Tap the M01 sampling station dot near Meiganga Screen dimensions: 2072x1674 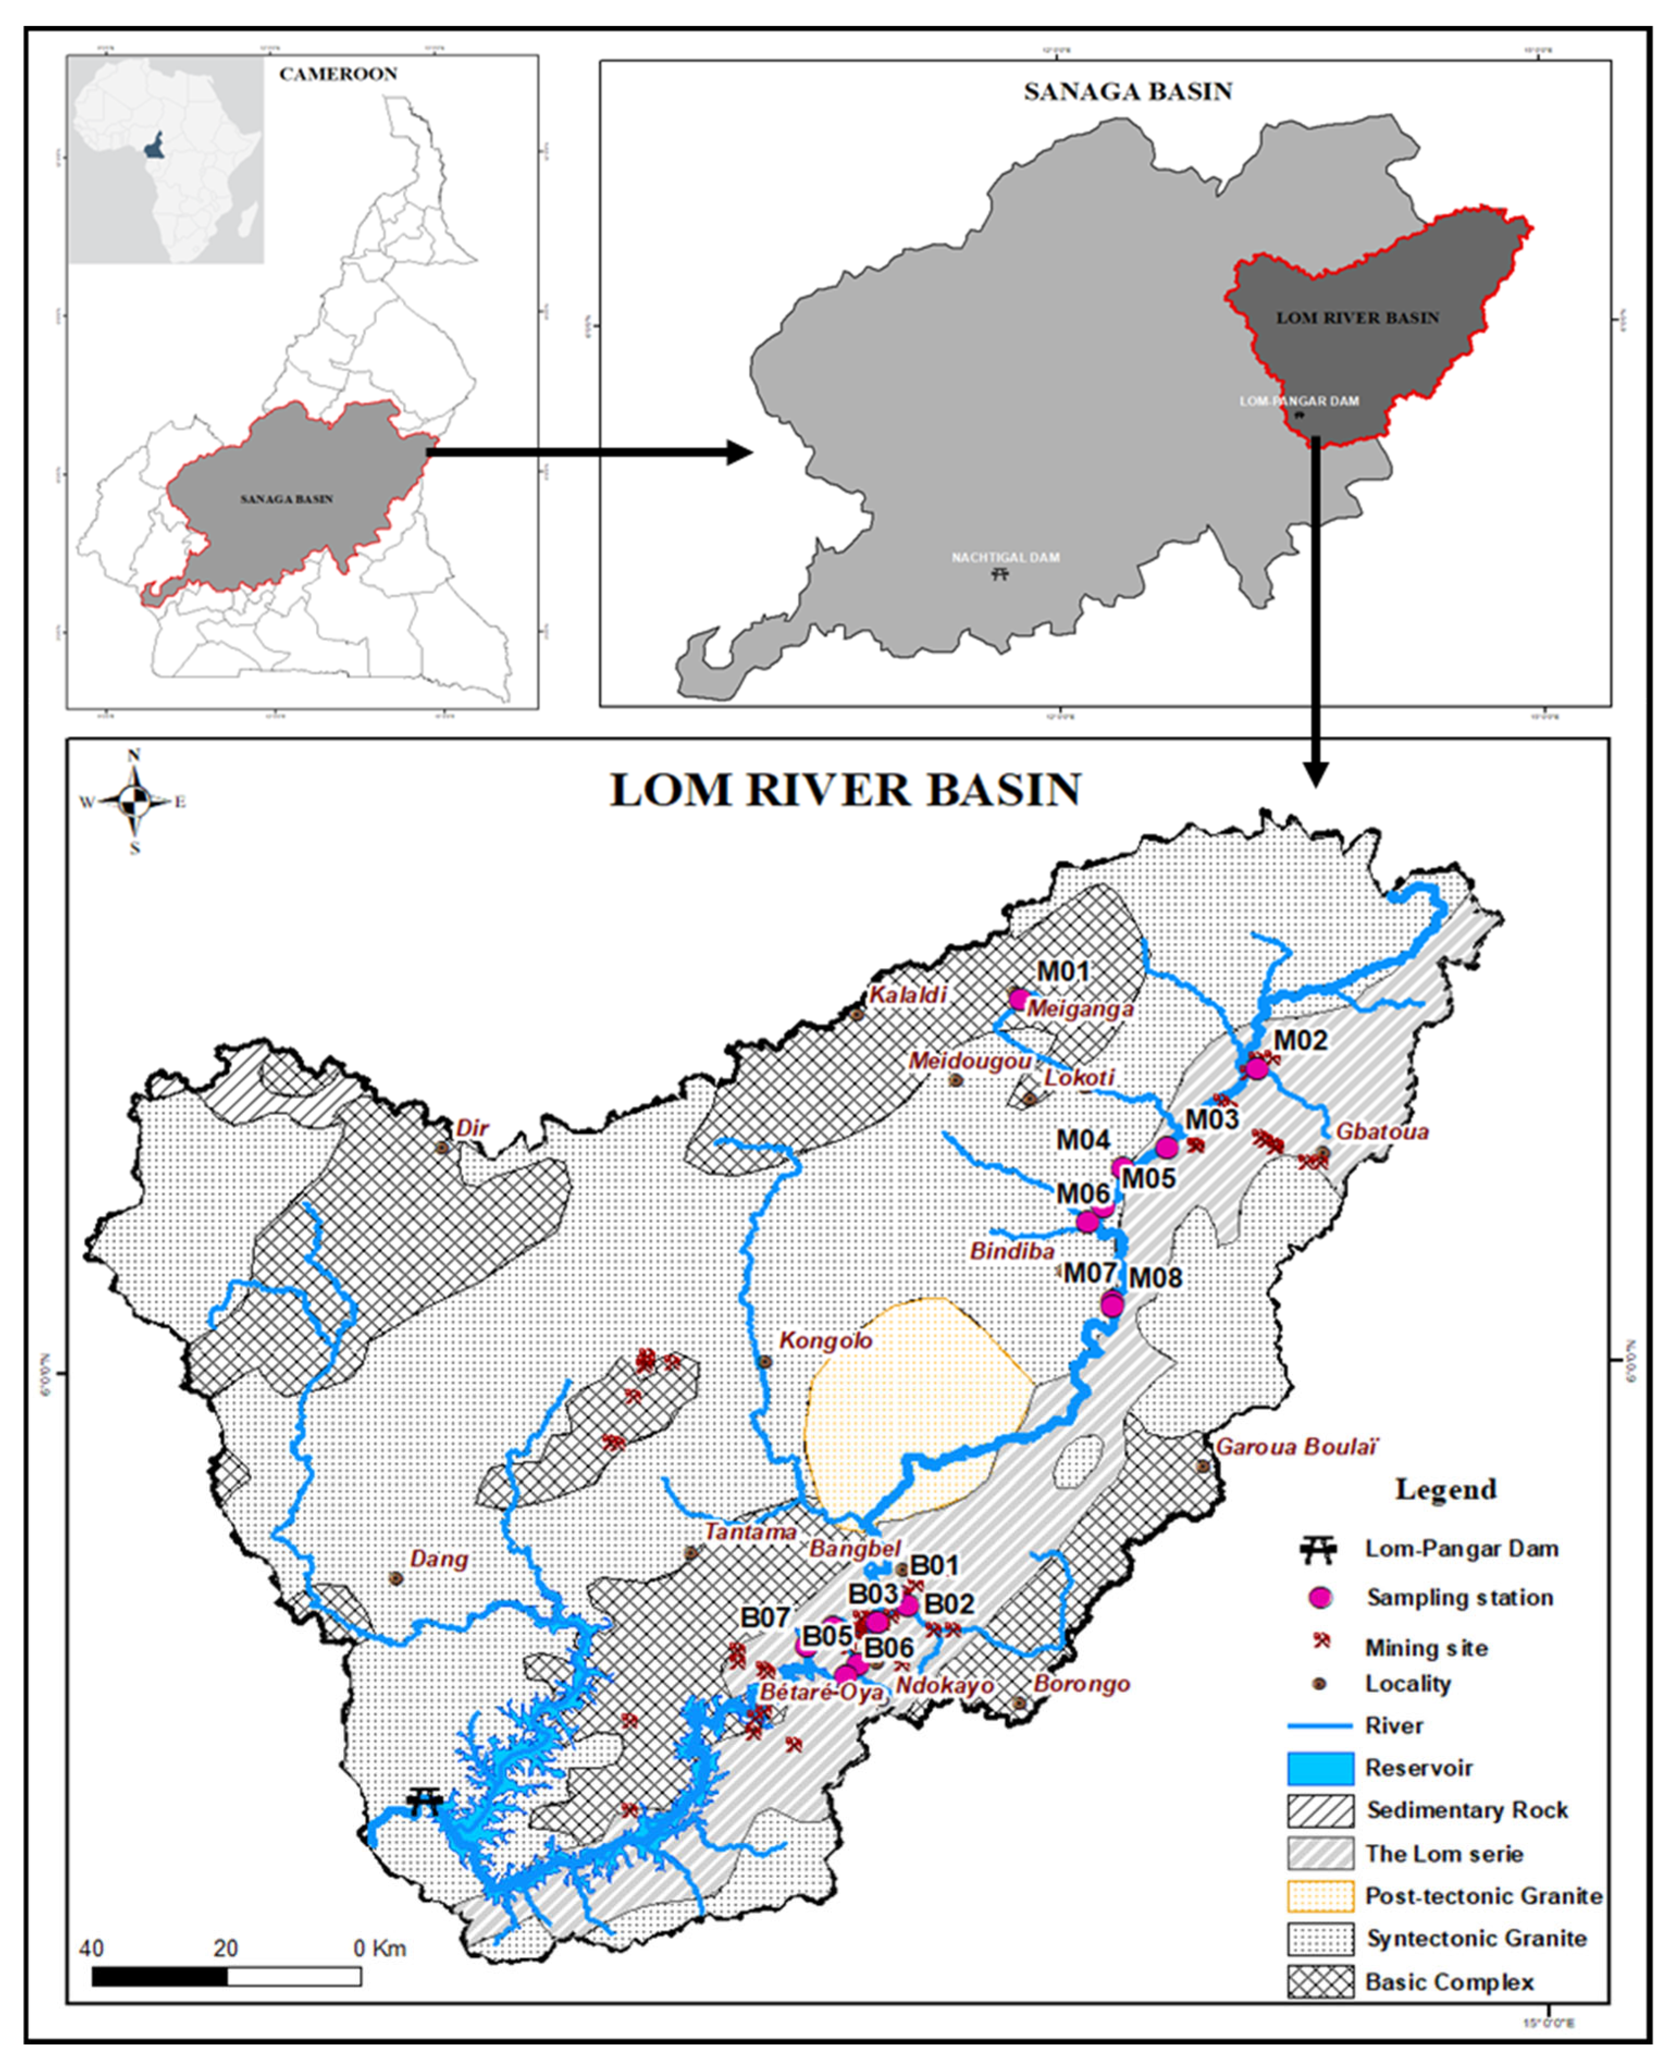click(1018, 1000)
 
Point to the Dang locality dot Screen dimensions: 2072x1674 click(395, 1578)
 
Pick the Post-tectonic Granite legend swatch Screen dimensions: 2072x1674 click(1319, 1896)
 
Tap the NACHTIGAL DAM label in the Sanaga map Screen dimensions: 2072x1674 click(1005, 558)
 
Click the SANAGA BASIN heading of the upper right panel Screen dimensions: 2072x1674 click(1127, 91)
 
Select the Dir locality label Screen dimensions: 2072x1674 click(473, 1127)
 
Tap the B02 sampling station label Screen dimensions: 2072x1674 click(949, 1603)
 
